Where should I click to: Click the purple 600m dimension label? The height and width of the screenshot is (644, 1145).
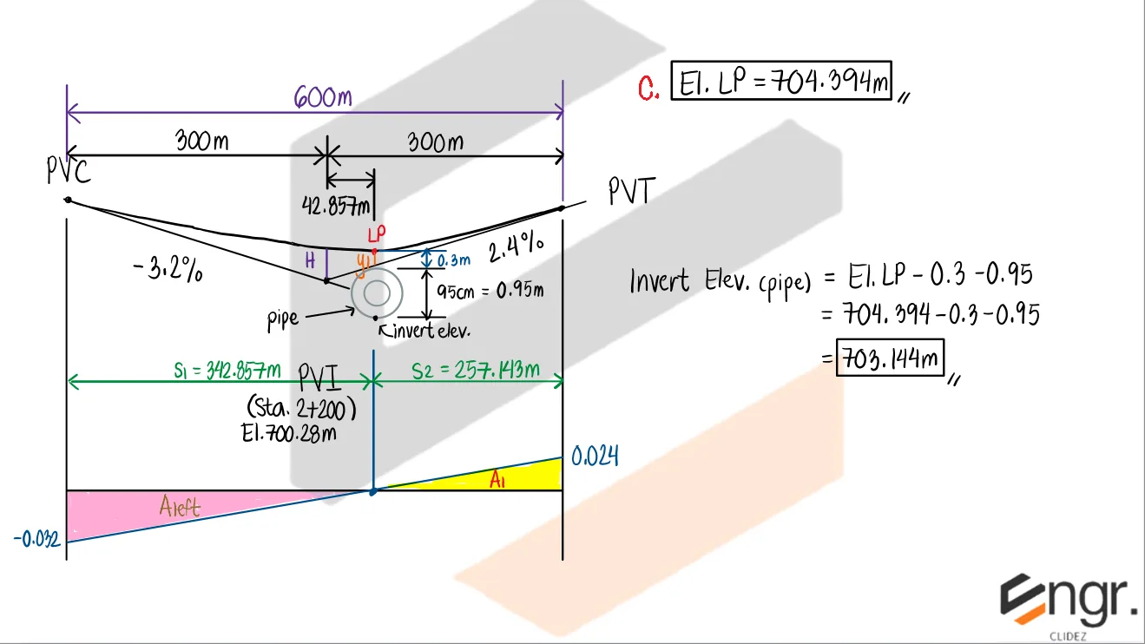point(323,97)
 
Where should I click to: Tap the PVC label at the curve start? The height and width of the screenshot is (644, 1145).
point(68,172)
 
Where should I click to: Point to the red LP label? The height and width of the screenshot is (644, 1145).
point(375,234)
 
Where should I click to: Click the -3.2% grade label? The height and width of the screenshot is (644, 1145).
point(169,270)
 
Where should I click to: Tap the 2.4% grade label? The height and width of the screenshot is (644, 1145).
point(517,250)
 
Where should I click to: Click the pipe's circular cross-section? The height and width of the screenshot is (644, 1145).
point(376,293)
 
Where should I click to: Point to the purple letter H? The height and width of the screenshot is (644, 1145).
point(310,259)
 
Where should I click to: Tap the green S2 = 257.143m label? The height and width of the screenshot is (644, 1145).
point(476,371)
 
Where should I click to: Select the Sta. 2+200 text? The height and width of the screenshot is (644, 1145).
point(301,407)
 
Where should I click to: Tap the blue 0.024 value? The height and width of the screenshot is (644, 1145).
point(595,456)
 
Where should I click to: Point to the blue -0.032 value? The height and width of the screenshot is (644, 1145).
point(36,540)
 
